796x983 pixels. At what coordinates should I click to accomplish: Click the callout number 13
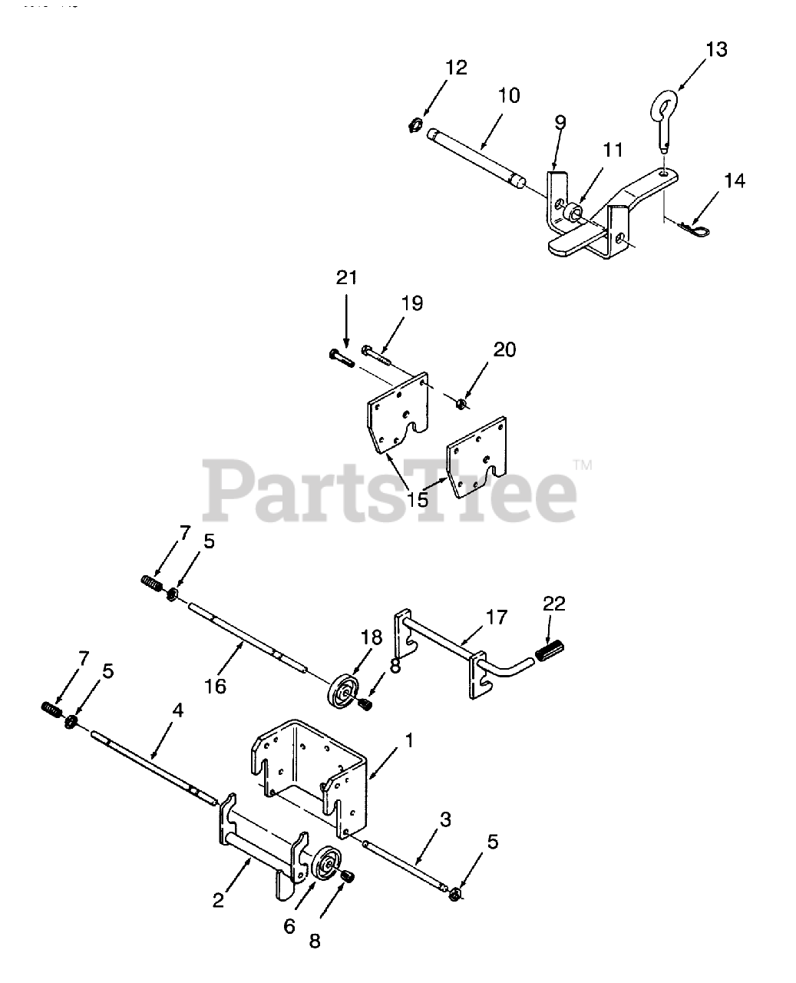715,50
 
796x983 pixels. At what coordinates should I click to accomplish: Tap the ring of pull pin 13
666,103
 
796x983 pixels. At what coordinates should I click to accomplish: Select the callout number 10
508,96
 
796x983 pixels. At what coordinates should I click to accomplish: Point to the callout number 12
455,68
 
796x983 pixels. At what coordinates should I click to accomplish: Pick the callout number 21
347,277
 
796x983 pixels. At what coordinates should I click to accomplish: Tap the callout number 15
418,499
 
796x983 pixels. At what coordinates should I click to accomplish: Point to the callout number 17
496,617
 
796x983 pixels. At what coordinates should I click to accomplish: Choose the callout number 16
216,686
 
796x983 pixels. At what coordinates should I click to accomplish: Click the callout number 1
409,741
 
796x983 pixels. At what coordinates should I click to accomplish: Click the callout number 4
177,710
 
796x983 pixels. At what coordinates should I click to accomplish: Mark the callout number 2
219,900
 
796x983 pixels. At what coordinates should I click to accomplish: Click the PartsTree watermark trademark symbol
583,464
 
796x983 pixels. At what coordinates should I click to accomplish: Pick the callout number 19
412,303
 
